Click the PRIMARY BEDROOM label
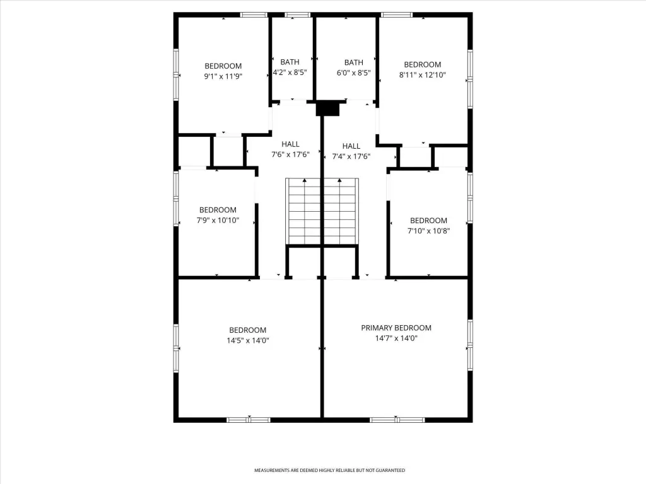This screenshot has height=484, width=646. coord(396,328)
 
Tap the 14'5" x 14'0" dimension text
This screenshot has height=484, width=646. coord(247,340)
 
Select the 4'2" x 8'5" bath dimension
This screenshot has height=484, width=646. coord(290,72)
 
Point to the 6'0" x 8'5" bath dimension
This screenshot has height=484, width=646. coord(353,73)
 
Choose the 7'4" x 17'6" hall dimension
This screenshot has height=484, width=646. coord(351,156)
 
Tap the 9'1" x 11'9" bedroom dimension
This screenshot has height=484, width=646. coord(223,76)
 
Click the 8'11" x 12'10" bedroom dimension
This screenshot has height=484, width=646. coord(422,75)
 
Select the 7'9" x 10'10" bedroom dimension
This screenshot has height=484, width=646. coord(218,220)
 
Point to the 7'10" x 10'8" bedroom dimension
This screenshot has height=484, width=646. coord(428,231)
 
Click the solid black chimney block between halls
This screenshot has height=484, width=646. coord(327,109)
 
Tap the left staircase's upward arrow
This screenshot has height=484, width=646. coord(305,211)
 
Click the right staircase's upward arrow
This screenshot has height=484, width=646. coord(339,211)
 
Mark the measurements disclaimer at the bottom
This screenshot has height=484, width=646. coord(329,470)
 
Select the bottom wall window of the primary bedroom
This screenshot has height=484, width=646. coord(397,420)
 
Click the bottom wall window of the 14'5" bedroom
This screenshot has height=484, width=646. coord(249,420)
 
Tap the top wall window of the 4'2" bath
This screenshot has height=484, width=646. coord(297,15)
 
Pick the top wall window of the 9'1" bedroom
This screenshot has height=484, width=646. coord(254,15)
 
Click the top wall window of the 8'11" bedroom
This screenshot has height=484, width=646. coord(397,15)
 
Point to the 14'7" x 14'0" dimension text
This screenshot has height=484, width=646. coord(396,338)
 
